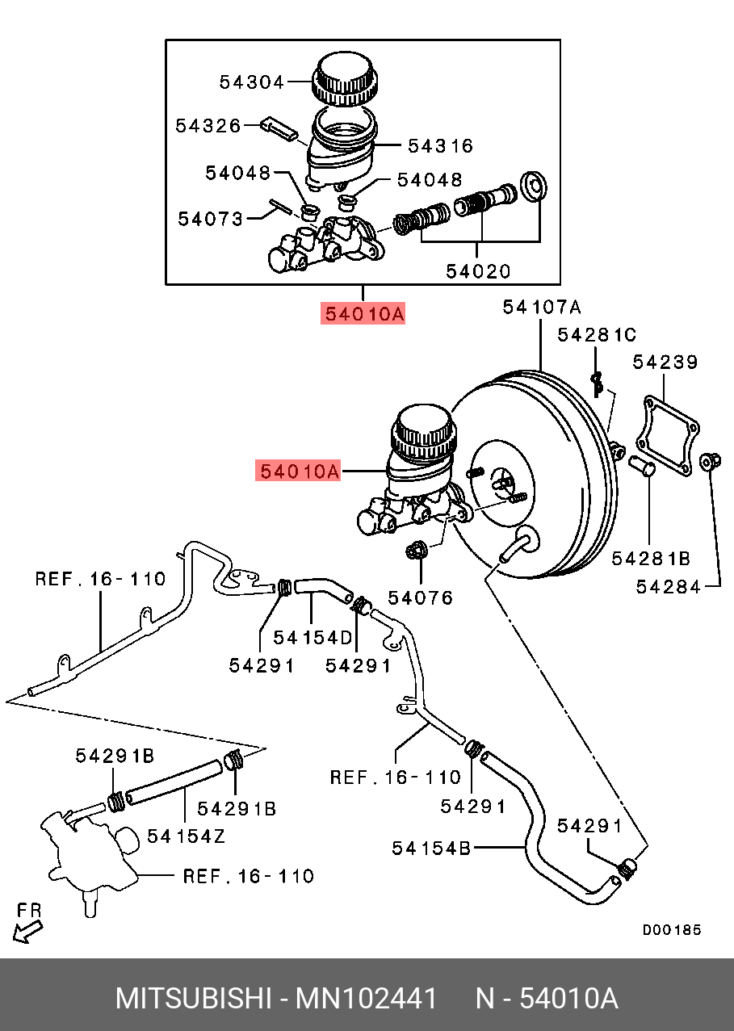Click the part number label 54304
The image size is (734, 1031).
252,82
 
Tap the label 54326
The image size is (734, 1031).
208,126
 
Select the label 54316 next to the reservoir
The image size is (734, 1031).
440,146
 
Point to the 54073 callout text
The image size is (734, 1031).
210,218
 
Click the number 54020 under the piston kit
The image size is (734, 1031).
479,271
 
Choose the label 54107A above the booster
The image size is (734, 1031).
541,307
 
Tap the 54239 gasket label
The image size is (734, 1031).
665,363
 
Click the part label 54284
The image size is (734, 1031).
669,587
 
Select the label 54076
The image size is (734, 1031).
421,598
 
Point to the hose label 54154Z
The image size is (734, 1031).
186,836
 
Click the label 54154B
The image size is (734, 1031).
432,848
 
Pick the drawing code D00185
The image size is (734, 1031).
672,930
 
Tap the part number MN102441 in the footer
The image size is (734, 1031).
366,999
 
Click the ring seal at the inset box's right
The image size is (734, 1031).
532,187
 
